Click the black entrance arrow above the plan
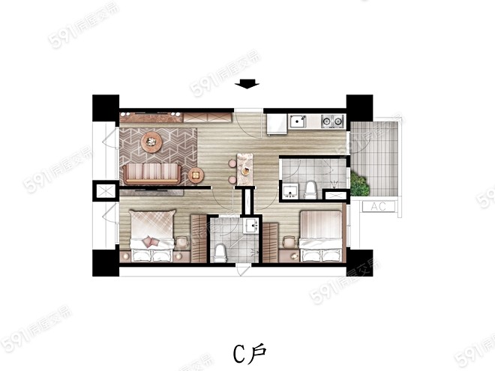point(247,84)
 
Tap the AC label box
point(379,207)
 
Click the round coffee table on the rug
point(151,142)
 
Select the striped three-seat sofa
point(152,174)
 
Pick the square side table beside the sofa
point(196,175)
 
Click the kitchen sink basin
point(298,121)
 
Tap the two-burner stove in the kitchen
point(332,121)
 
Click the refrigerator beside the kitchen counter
point(277,124)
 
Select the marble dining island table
point(245,169)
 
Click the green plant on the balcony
point(359,184)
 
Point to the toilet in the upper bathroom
point(310,190)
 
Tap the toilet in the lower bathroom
point(220,253)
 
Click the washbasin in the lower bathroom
point(251,226)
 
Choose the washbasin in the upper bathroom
point(289,191)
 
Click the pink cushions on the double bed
point(150,241)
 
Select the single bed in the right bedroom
point(321,236)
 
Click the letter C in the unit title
point(239,354)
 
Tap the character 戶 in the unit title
point(257,353)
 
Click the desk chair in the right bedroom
point(289,243)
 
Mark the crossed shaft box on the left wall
point(106,191)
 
